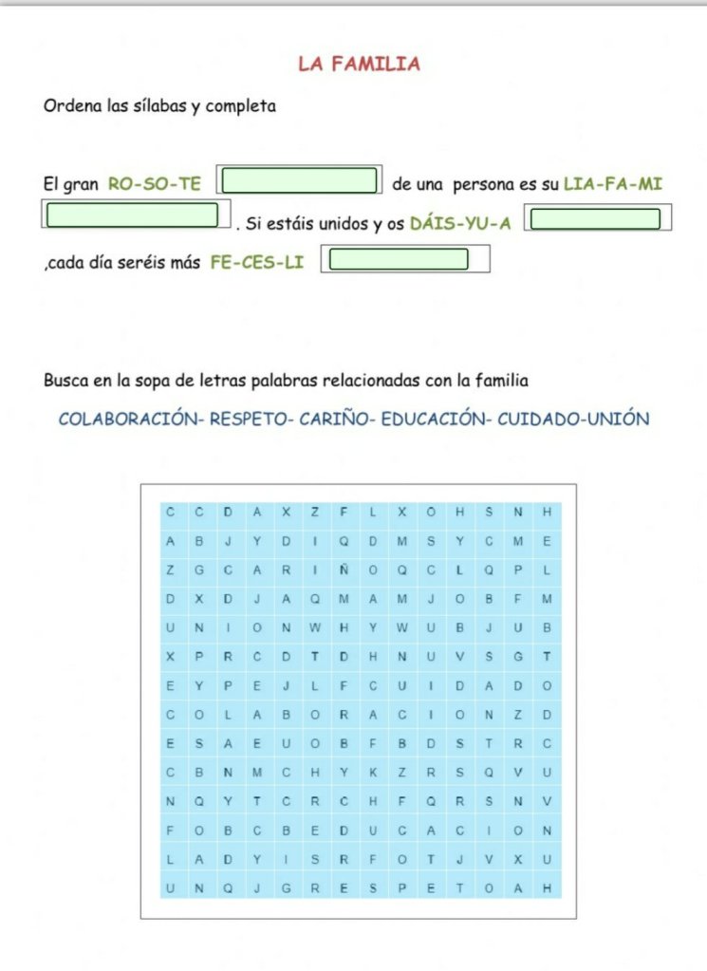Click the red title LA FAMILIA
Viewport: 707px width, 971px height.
coord(359,65)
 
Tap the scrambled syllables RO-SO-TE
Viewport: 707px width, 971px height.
coord(155,184)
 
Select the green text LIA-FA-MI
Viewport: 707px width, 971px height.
coord(612,184)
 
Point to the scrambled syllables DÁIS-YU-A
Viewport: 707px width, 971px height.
coord(460,224)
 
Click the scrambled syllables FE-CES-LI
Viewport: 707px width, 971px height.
coord(257,263)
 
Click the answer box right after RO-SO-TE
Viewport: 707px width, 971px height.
coord(300,180)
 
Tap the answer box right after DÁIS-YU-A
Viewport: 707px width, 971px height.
coord(595,219)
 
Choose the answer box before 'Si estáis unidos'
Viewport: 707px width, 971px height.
coord(133,215)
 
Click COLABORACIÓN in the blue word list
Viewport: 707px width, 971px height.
coord(129,419)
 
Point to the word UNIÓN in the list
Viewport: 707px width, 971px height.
coord(618,419)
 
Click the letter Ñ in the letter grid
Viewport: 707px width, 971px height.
coord(344,570)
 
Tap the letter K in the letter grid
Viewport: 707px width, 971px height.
coord(373,772)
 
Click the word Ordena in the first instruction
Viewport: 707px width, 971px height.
coord(68,106)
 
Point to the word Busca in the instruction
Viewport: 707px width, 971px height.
coord(65,381)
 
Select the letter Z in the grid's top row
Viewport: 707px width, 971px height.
coord(314,513)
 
